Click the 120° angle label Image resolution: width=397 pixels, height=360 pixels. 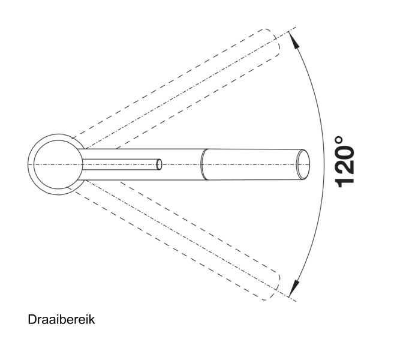pyautogui.click(x=345, y=162)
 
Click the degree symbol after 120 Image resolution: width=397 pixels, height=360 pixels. pyautogui.click(x=339, y=140)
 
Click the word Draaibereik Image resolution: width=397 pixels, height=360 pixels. pyautogui.click(x=61, y=320)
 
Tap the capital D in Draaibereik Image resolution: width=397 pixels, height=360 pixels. pyautogui.click(x=32, y=320)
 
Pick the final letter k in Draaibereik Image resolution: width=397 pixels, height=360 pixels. pyautogui.click(x=92, y=320)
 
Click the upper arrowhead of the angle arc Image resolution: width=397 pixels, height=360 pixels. pyautogui.click(x=294, y=41)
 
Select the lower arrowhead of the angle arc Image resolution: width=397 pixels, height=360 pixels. pyautogui.click(x=294, y=288)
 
